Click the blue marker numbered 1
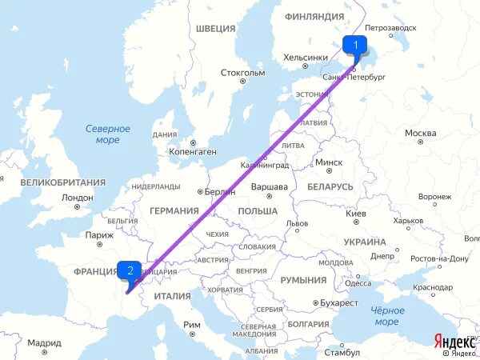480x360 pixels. pos(355,45)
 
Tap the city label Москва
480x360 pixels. pos(420,133)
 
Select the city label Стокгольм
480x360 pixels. pos(242,73)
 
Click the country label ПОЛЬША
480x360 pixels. pos(258,210)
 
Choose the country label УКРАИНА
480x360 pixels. pos(366,242)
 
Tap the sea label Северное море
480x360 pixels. pos(107,134)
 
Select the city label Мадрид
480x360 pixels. pos(44,342)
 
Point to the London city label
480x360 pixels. pos(77,198)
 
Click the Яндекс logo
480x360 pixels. pos(452,341)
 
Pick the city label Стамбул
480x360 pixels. pos(342,351)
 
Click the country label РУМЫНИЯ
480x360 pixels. pos(303,280)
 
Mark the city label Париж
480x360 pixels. pos(99,235)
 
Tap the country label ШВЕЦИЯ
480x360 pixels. pos(215,29)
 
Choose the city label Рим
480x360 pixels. pos(192,324)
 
